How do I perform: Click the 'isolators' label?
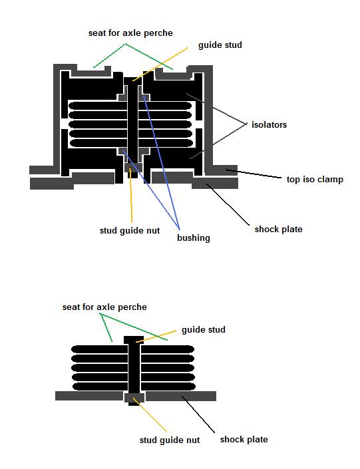click(x=269, y=124)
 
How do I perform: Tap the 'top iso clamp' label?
click(x=315, y=180)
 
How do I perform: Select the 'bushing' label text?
click(x=194, y=237)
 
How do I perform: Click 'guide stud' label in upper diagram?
click(x=220, y=45)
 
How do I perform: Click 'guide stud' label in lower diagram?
click(x=204, y=329)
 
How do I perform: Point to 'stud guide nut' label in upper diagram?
click(x=130, y=231)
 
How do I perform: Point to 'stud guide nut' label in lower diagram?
click(x=170, y=440)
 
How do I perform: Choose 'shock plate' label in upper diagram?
click(x=279, y=230)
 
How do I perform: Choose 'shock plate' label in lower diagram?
click(x=244, y=439)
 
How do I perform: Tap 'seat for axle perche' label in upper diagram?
click(x=130, y=33)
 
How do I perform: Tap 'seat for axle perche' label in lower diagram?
click(x=104, y=307)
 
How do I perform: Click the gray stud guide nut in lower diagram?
click(x=134, y=398)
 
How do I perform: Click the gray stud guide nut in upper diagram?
click(x=133, y=167)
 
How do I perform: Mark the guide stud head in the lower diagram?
click(x=134, y=340)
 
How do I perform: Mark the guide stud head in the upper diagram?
click(x=133, y=80)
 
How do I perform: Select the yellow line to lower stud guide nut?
click(x=150, y=415)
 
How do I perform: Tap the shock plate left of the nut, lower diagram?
click(x=89, y=396)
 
